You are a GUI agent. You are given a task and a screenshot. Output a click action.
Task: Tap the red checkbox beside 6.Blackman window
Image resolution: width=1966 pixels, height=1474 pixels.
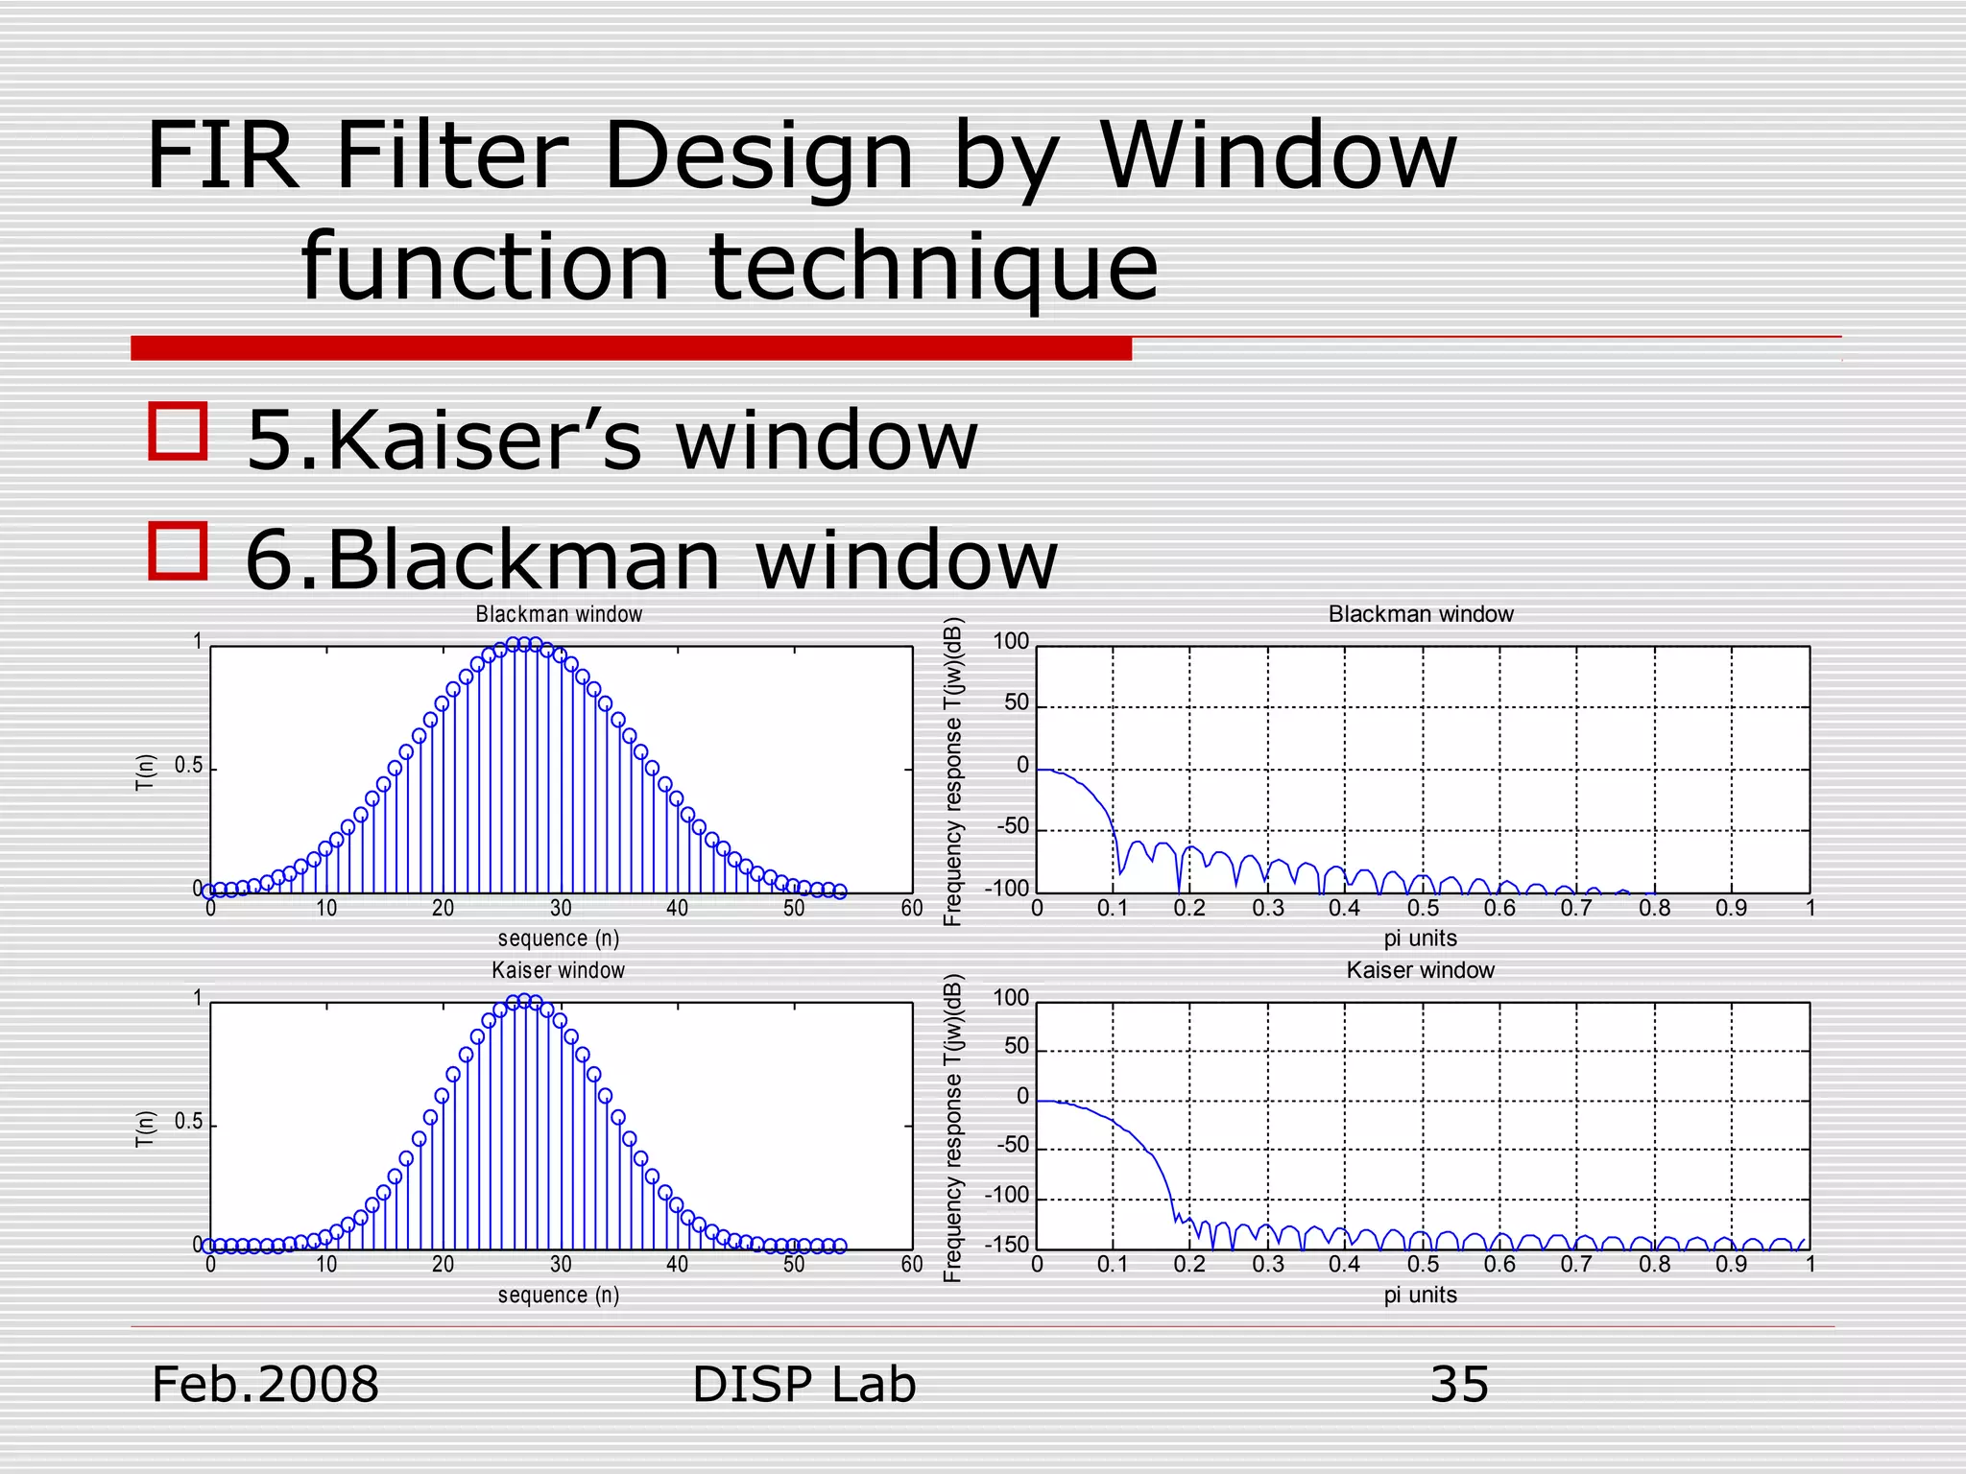pyautogui.click(x=179, y=551)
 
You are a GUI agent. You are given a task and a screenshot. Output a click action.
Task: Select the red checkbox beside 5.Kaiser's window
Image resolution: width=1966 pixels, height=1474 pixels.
pyautogui.click(x=179, y=431)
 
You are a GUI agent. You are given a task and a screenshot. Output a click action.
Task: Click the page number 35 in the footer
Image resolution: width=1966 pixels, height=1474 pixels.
pyautogui.click(x=1459, y=1385)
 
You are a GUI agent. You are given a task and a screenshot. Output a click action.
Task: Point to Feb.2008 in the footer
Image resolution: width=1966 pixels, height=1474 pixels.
pyautogui.click(x=266, y=1385)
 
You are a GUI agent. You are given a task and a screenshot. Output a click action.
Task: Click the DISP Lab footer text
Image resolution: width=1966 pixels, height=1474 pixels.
pyautogui.click(x=804, y=1385)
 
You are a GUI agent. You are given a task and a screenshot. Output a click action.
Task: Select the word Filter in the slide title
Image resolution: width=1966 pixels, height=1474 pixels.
pyautogui.click(x=451, y=155)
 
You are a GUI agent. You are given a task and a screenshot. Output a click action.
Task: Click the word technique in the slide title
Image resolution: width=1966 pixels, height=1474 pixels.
pyautogui.click(x=933, y=266)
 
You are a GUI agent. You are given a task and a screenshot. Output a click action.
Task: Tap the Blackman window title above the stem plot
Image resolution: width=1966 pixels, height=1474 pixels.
pyautogui.click(x=559, y=614)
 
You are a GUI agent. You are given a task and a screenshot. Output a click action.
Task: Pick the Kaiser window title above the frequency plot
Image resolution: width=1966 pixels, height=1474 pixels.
pyautogui.click(x=1420, y=970)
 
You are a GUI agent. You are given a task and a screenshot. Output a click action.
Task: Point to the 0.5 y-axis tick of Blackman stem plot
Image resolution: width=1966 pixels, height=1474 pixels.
pyautogui.click(x=189, y=766)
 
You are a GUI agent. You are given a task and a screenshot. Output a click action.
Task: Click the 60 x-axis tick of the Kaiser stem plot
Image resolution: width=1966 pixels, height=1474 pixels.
pyautogui.click(x=911, y=1264)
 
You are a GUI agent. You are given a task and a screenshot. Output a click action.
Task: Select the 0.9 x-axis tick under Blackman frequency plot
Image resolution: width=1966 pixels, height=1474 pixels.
pyautogui.click(x=1731, y=908)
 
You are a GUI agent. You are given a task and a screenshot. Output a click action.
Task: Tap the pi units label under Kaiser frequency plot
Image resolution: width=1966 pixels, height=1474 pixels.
pyautogui.click(x=1420, y=1295)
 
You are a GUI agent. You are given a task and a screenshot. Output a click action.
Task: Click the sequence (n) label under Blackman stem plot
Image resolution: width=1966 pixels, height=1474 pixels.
pyautogui.click(x=559, y=939)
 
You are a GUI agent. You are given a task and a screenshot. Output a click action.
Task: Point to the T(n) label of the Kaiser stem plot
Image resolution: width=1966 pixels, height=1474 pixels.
pyautogui.click(x=145, y=1128)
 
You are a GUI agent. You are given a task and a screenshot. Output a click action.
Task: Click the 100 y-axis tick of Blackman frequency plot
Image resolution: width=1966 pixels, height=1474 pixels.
pyautogui.click(x=1010, y=641)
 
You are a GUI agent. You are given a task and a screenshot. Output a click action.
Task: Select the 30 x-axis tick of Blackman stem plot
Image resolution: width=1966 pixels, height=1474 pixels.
pyautogui.click(x=561, y=908)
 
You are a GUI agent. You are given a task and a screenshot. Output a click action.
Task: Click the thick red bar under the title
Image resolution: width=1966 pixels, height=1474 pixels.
pyautogui.click(x=631, y=348)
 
